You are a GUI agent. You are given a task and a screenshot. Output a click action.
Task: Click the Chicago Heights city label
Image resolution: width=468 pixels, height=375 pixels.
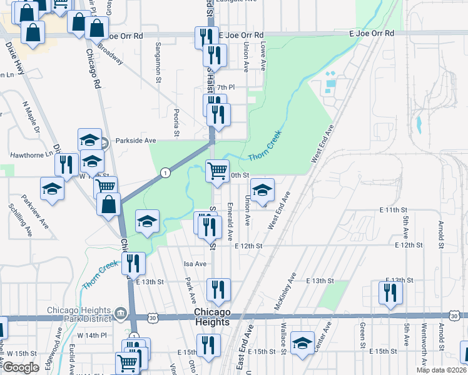click(212, 317)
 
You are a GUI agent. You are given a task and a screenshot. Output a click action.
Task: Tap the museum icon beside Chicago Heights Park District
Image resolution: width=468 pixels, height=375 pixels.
click(121, 311)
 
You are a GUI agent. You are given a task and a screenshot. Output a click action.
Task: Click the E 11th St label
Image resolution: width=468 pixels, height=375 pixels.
click(392, 211)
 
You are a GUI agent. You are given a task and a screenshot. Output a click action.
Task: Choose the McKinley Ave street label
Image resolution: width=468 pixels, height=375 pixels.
click(284, 291)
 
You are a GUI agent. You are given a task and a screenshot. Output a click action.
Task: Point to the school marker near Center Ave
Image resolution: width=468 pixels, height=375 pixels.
click(303, 342)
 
